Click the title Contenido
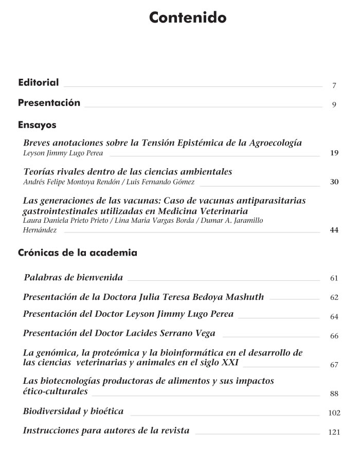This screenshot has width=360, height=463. point(188,18)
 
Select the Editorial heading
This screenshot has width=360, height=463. point(38,82)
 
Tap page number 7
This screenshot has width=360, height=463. point(334,86)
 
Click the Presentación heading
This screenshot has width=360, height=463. point(49,103)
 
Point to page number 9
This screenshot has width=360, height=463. point(334,105)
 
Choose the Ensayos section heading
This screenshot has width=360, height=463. point(37,125)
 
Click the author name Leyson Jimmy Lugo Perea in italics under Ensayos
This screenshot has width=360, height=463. point(63,153)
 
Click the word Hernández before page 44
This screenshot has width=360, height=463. point(40,230)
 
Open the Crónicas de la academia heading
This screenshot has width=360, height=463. point(78,253)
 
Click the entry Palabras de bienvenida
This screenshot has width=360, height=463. point(74,278)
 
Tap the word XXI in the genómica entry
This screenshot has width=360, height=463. point(229,363)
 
